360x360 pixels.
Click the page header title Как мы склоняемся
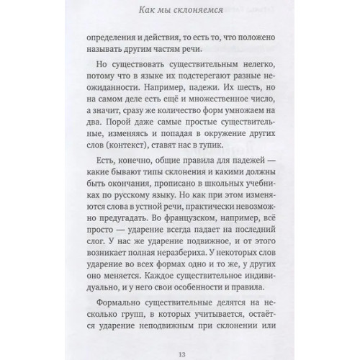click(180, 10)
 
